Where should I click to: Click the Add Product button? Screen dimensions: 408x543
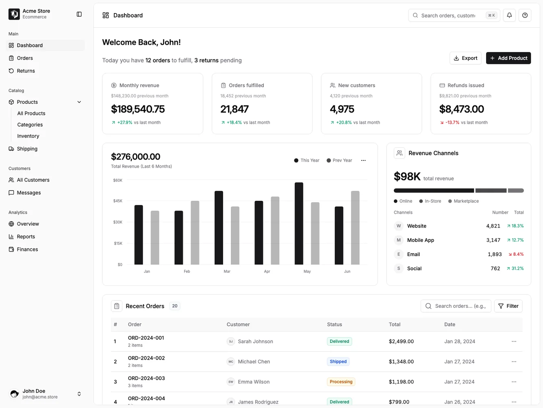coord(508,58)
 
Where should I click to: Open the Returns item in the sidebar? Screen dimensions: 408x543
coord(26,71)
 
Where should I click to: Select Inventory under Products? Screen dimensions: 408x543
coord(28,136)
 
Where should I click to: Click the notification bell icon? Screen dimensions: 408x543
coord(509,15)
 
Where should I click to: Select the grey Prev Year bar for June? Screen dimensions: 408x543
coord(355,228)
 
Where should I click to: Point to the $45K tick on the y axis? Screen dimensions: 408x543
coord(117,201)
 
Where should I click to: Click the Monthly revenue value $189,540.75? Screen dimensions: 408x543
coord(138,109)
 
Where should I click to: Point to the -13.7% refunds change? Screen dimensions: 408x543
coord(452,123)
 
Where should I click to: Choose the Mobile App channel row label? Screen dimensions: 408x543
coord(420,240)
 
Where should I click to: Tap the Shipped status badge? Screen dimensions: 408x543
coord(338,362)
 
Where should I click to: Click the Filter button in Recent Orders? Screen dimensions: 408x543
coord(508,306)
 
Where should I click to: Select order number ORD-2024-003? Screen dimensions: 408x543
coord(146,378)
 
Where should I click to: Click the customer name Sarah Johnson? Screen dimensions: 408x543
coord(255,342)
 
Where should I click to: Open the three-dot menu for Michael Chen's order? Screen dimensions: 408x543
coord(514,362)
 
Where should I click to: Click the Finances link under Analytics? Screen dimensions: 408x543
coord(27,250)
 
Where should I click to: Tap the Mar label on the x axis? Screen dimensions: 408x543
coord(227,272)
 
